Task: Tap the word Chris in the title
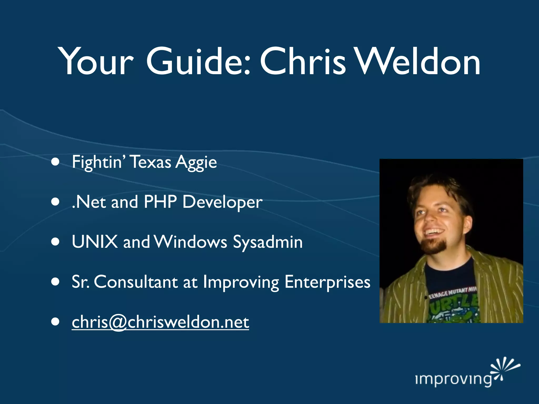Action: coord(303,62)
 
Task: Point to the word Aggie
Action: coord(196,163)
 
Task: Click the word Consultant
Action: coord(136,282)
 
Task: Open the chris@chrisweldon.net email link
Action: coord(160,322)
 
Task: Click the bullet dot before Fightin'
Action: coord(55,162)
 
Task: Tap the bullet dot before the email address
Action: coord(55,322)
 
